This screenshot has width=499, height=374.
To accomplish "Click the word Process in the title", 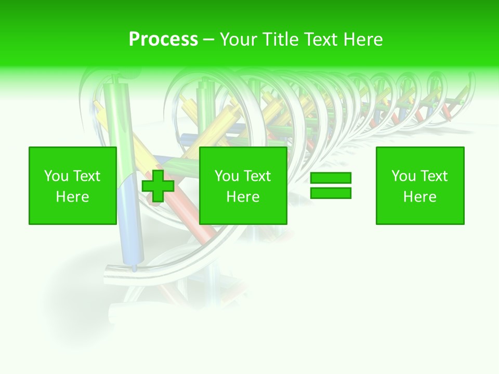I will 163,39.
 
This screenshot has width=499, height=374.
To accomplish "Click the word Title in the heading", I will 279,39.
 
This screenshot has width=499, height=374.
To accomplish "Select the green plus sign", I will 158,185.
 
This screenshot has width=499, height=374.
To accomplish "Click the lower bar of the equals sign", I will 331,193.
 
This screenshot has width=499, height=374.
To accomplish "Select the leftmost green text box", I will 73,185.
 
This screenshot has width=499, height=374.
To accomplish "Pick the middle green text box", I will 243,185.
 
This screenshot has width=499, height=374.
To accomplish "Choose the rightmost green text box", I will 420,185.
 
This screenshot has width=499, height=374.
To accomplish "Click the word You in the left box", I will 56,176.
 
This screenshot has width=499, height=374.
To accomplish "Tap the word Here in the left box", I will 73,197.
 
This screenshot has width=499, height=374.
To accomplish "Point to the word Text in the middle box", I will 257,176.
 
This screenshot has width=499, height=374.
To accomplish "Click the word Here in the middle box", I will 243,197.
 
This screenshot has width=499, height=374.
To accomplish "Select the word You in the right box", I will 403,176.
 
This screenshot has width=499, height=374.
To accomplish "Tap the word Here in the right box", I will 420,197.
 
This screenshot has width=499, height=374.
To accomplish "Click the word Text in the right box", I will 434,176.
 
